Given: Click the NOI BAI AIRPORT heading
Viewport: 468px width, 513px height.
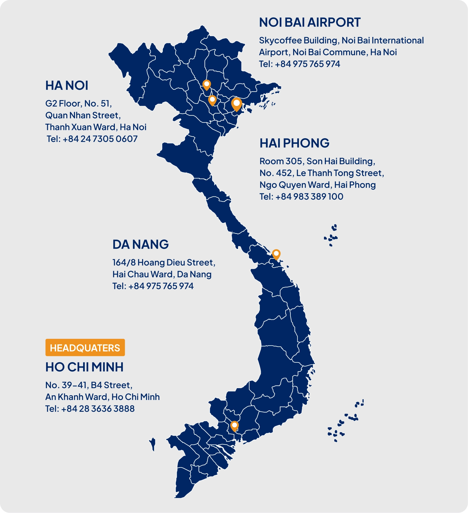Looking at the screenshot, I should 310,23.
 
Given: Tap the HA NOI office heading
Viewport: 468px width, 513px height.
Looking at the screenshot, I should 67,86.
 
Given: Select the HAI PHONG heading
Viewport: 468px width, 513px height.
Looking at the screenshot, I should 294,143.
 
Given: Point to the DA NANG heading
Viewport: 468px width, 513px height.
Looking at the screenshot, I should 141,244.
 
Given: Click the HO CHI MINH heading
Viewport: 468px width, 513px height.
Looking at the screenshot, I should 84,367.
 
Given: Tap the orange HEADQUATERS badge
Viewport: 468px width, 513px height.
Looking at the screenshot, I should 85,348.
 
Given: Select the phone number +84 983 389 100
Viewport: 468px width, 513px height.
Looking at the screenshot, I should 309,196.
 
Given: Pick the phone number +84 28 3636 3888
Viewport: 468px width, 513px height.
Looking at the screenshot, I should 98,409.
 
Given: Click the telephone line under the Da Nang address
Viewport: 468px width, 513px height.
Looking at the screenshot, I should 153,286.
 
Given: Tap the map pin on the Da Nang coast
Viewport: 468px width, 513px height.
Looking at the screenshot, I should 276,254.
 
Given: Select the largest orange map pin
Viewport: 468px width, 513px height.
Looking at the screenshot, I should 236,104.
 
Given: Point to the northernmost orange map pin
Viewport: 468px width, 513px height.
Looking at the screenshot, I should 207,84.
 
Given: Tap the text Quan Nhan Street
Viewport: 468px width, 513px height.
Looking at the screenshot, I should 83,115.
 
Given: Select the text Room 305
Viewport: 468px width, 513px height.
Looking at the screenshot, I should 281,161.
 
